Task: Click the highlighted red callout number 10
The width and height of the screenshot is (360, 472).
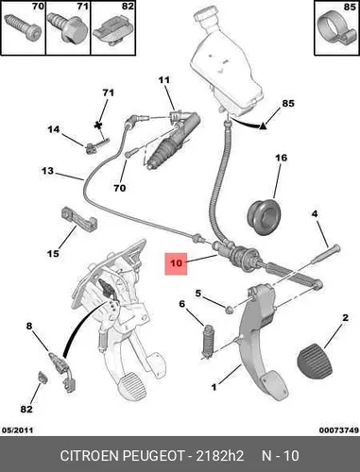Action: pos(176,263)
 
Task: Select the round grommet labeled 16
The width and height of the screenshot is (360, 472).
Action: pos(263,216)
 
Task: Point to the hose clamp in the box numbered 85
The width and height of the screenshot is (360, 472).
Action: pos(335,31)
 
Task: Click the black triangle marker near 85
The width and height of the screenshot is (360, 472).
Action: pos(263,126)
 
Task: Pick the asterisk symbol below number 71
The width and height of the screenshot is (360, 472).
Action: pos(99,126)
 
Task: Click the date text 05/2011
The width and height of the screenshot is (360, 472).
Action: pos(18,430)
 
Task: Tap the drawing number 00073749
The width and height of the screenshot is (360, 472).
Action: pos(339,430)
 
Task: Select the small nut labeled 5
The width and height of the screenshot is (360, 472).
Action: pos(230,311)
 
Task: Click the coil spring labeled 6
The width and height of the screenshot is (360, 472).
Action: pos(208,341)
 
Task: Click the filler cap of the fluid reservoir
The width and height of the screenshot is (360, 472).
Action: pos(205,18)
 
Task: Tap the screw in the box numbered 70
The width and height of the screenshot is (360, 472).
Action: pos(23,29)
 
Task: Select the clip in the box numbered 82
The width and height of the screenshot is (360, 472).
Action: pos(112,30)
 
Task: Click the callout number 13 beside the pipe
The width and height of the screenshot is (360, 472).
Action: pos(47,171)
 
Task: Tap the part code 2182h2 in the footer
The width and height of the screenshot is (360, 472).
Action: pos(219,456)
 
